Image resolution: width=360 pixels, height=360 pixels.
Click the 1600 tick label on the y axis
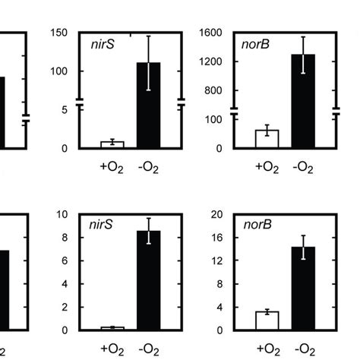(210, 33)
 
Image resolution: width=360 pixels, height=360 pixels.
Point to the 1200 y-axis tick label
(210, 62)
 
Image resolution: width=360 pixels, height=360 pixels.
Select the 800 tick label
(213, 90)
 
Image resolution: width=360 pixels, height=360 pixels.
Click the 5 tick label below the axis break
(66, 109)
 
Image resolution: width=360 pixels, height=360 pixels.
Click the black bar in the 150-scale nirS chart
(149, 105)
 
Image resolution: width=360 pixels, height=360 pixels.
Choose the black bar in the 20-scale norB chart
(304, 288)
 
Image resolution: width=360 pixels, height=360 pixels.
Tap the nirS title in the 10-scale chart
(99, 226)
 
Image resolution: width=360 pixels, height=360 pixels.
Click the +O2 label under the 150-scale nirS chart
(112, 166)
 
